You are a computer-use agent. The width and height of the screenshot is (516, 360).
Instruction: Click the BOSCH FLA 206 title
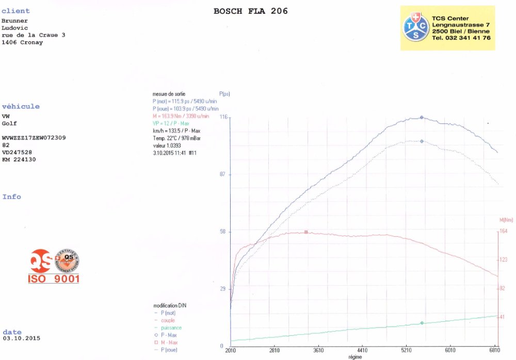250,11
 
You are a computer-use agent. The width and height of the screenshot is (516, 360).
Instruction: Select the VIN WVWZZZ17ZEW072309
34,138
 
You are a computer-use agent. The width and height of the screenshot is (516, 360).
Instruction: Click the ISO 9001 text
54,279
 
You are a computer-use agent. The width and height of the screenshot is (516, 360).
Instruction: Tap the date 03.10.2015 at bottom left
21,338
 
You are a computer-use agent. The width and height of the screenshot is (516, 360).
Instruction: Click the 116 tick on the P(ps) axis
224,118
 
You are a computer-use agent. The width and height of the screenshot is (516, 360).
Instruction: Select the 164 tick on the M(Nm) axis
503,232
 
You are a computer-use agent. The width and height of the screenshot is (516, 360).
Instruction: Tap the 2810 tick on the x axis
274,350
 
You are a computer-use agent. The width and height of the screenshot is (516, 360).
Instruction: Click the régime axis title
355,356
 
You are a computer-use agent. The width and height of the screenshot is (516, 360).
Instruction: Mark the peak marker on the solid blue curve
422,118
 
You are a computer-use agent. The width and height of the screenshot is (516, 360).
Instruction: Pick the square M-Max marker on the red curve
306,232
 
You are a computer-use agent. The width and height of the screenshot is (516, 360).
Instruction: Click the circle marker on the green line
422,323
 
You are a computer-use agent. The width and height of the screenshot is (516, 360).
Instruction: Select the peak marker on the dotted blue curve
422,141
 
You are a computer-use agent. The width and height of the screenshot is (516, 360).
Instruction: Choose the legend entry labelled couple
168,320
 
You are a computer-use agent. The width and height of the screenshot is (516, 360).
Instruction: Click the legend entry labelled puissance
171,328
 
